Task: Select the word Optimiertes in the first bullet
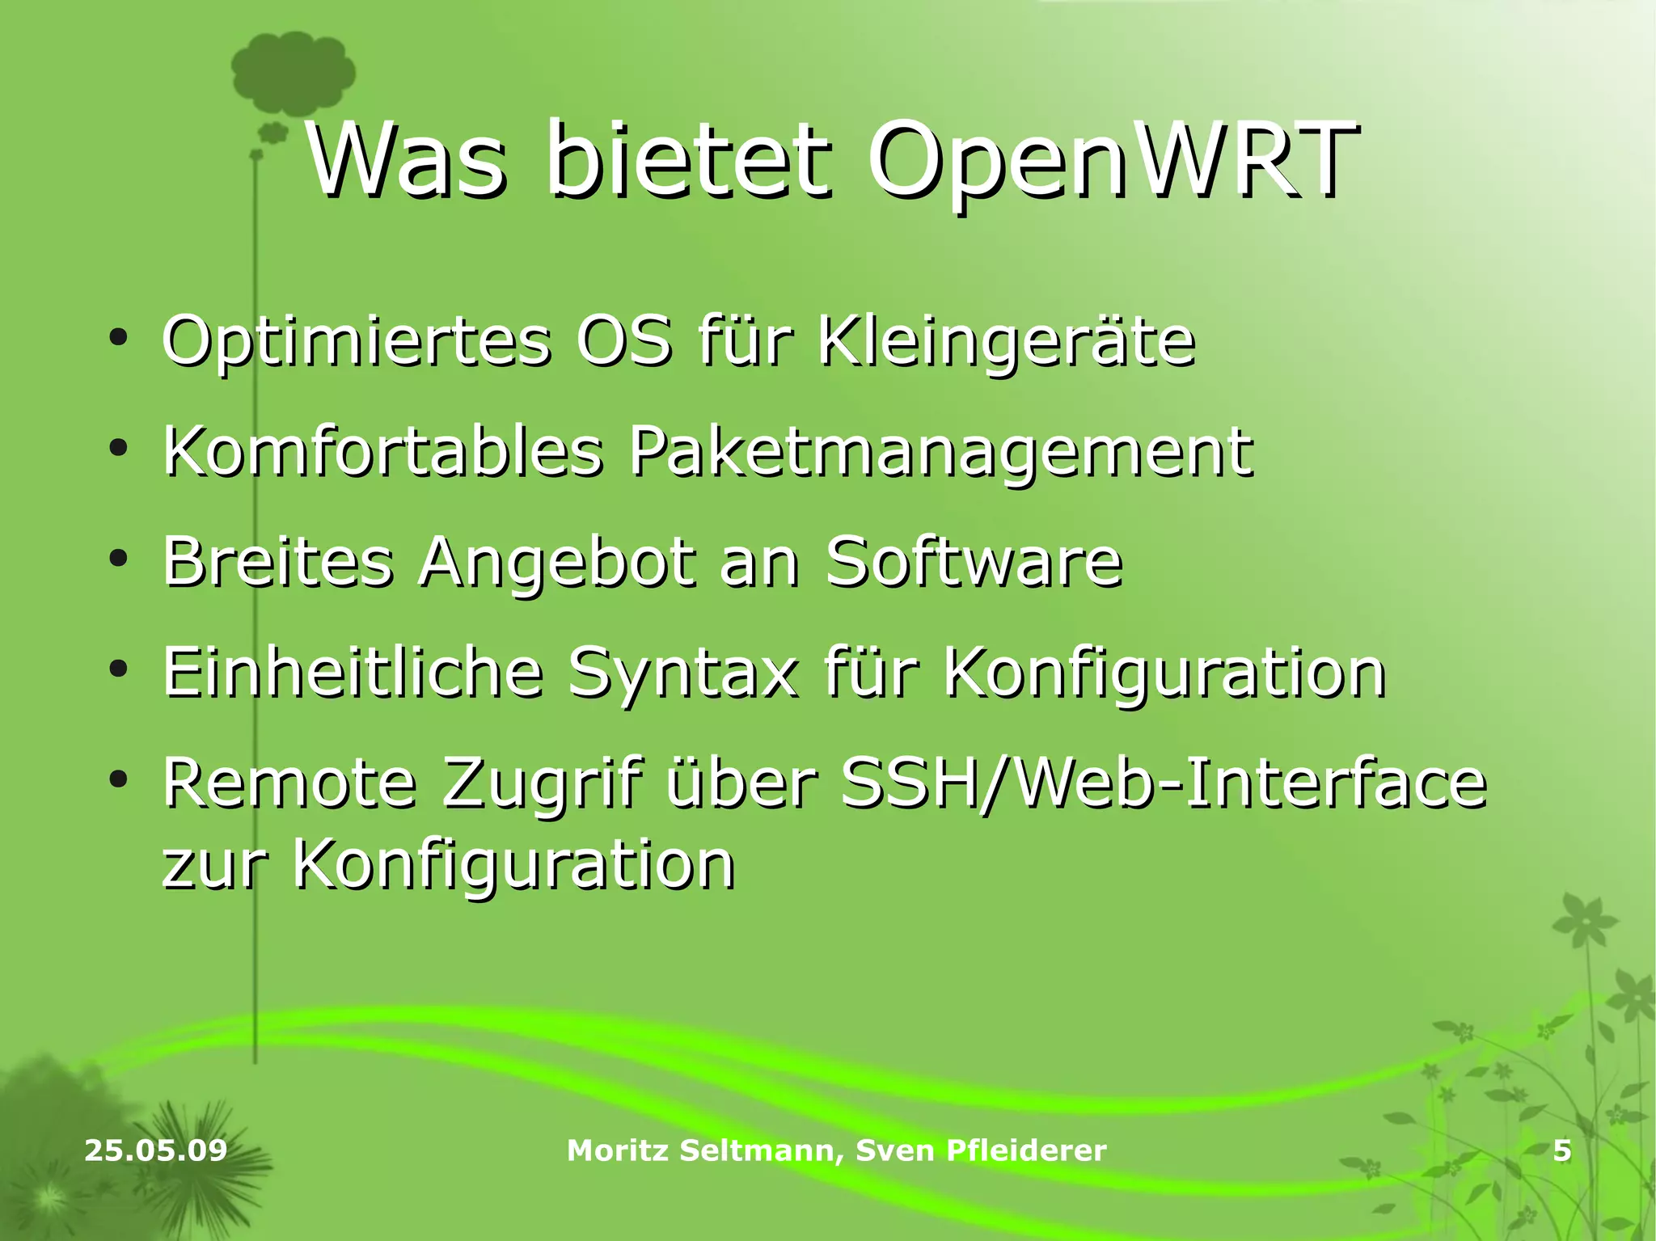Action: [x=357, y=342]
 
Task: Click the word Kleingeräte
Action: [x=1006, y=342]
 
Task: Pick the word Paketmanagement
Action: [x=941, y=452]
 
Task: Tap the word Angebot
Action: [x=557, y=563]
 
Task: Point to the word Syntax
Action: [x=683, y=673]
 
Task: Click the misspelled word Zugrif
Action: [x=543, y=783]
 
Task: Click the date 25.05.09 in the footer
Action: [x=156, y=1150]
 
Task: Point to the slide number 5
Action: [x=1562, y=1150]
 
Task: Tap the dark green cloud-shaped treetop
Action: [x=293, y=74]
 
